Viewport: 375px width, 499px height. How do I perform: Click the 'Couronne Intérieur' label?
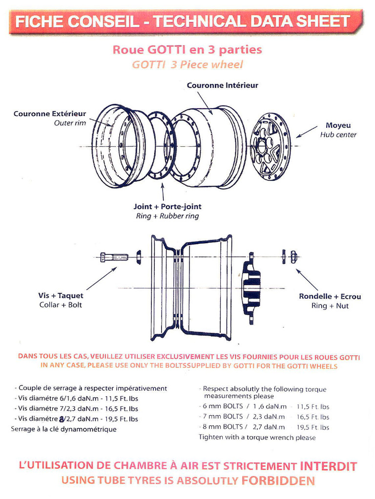pyautogui.click(x=222, y=85)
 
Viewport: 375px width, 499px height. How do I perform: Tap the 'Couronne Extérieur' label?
pyautogui.click(x=50, y=114)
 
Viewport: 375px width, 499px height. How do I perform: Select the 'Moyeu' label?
pyautogui.click(x=338, y=125)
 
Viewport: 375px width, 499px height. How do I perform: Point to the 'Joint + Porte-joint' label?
pyautogui.click(x=167, y=207)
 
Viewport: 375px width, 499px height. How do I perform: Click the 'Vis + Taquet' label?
pyautogui.click(x=61, y=296)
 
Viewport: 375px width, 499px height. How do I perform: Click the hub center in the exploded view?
pyautogui.click(x=270, y=146)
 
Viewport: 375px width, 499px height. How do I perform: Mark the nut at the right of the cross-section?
pyautogui.click(x=293, y=256)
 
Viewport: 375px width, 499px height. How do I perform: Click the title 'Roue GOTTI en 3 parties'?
pyautogui.click(x=187, y=50)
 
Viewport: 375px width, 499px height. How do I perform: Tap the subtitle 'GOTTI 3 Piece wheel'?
pyautogui.click(x=187, y=65)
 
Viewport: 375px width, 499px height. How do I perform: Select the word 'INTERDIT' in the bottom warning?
pyautogui.click(x=328, y=465)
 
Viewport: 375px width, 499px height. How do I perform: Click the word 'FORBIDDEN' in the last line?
pyautogui.click(x=278, y=480)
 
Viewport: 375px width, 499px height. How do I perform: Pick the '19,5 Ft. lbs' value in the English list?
pyautogui.click(x=313, y=427)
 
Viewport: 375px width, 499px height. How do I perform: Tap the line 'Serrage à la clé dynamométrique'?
pyautogui.click(x=63, y=429)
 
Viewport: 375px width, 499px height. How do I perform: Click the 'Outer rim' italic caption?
pyautogui.click(x=70, y=123)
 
